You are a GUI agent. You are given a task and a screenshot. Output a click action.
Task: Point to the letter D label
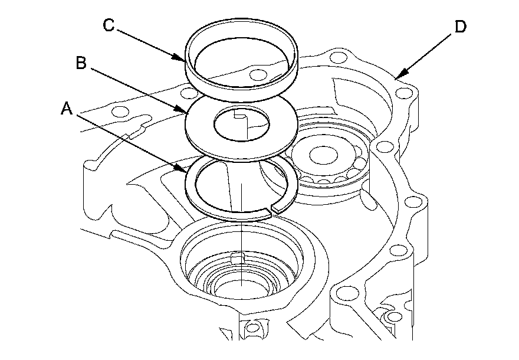(x=461, y=27)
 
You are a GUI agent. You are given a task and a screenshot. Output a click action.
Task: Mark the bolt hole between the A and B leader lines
(x=121, y=112)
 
